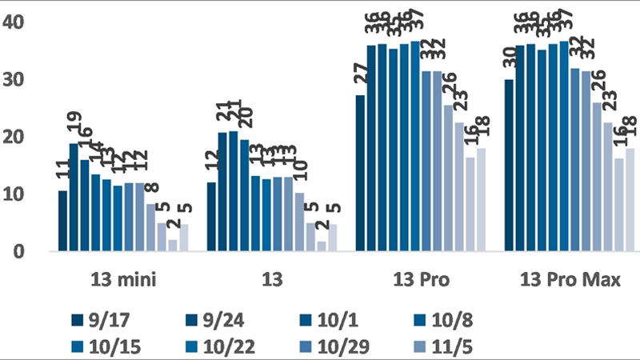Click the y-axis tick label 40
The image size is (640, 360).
[18, 22]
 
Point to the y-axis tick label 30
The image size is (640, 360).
[18, 79]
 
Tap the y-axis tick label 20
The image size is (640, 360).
[18, 137]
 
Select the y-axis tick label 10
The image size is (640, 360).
[18, 194]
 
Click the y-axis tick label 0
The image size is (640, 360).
[22, 251]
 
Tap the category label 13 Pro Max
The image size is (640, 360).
[566, 279]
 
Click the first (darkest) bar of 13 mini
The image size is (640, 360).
[63, 221]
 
